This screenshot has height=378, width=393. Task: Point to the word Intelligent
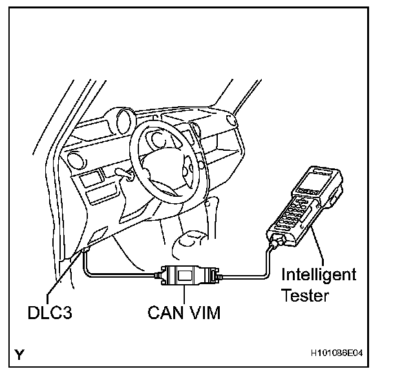(x=319, y=275)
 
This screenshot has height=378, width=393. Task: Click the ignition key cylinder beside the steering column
(x=127, y=173)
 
